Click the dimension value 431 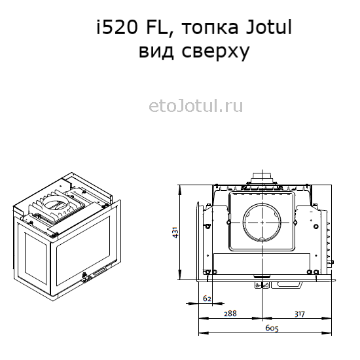pyautogui.click(x=175, y=232)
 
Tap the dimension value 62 pyautogui.click(x=207, y=298)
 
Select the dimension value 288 pyautogui.click(x=230, y=314)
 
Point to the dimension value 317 pyautogui.click(x=300, y=314)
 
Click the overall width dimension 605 pyautogui.click(x=272, y=328)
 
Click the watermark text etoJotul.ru pyautogui.click(x=196, y=106)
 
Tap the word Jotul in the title pyautogui.click(x=269, y=27)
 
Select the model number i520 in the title pyautogui.click(x=117, y=27)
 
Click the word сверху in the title pyautogui.click(x=215, y=52)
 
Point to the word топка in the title pyautogui.click(x=210, y=28)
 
